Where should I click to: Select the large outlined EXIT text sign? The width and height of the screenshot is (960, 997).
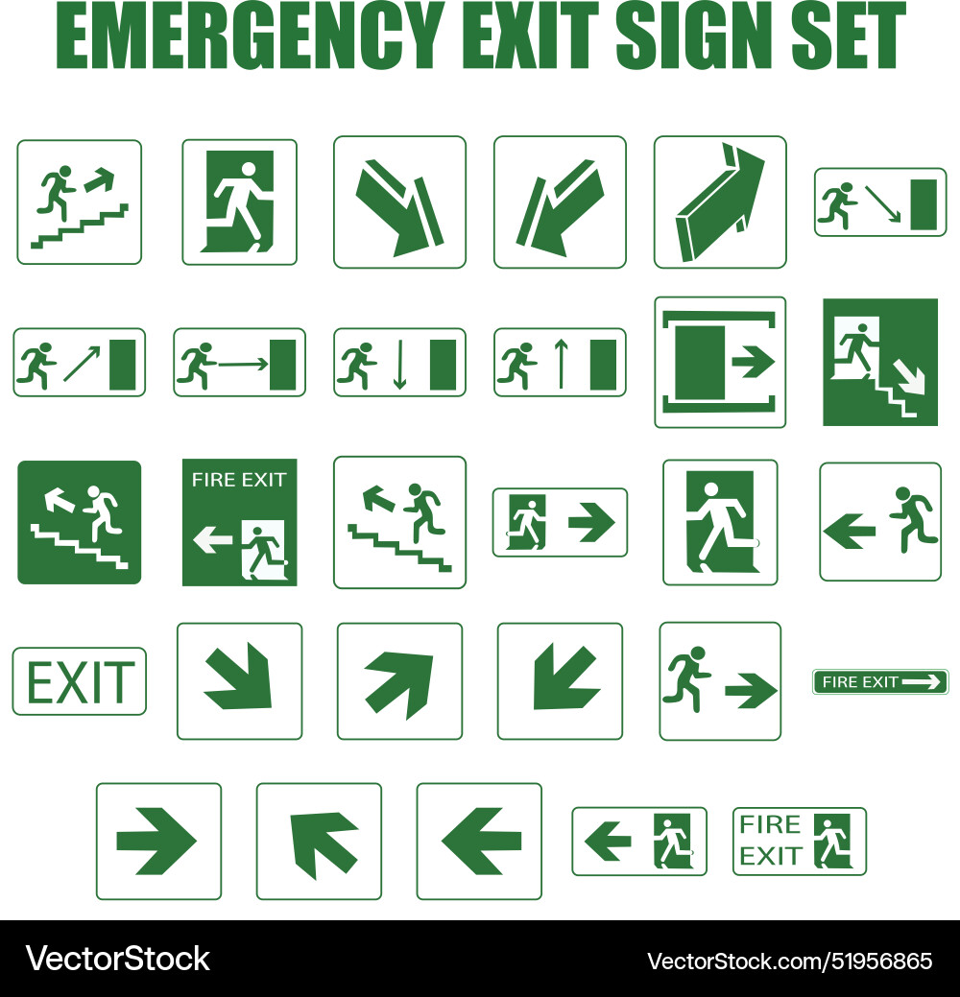(80, 682)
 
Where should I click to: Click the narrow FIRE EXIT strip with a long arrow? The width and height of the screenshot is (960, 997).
(880, 682)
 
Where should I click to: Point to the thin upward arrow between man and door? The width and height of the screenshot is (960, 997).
(561, 364)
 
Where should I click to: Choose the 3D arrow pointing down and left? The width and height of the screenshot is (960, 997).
(559, 205)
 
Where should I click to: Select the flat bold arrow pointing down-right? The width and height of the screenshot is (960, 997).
(238, 679)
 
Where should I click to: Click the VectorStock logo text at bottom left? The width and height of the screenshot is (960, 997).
(117, 958)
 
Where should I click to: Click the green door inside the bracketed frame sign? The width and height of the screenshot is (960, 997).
(699, 363)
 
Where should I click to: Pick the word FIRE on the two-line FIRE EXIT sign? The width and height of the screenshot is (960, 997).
(770, 824)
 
